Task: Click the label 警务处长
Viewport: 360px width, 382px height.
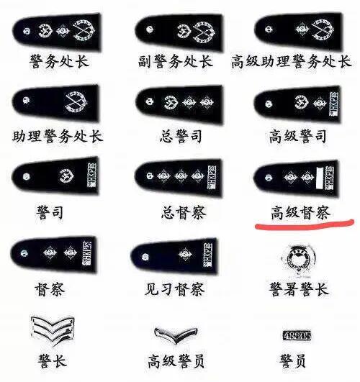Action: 59,61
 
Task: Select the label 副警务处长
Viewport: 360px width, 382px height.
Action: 176,61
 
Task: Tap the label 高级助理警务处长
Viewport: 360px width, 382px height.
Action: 291,61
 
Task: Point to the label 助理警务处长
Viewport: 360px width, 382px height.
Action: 58,136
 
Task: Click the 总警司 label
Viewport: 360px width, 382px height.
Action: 181,136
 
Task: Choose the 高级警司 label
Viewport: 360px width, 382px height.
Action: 298,136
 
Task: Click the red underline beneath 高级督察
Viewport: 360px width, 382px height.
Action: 305,224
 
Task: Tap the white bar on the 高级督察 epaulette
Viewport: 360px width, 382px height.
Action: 320,178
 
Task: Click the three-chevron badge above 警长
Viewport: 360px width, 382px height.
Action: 53,330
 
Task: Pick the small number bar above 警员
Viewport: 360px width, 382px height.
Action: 297,335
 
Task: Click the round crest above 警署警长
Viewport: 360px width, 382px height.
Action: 298,260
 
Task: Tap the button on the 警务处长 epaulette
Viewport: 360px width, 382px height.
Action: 27,31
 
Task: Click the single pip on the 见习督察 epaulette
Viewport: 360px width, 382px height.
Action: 185,254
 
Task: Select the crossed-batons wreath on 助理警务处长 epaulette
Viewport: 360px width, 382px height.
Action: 76,103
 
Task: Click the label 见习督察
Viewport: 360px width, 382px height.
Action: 175,289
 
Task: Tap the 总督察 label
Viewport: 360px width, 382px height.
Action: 184,212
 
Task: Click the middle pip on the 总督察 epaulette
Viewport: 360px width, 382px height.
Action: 181,176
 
